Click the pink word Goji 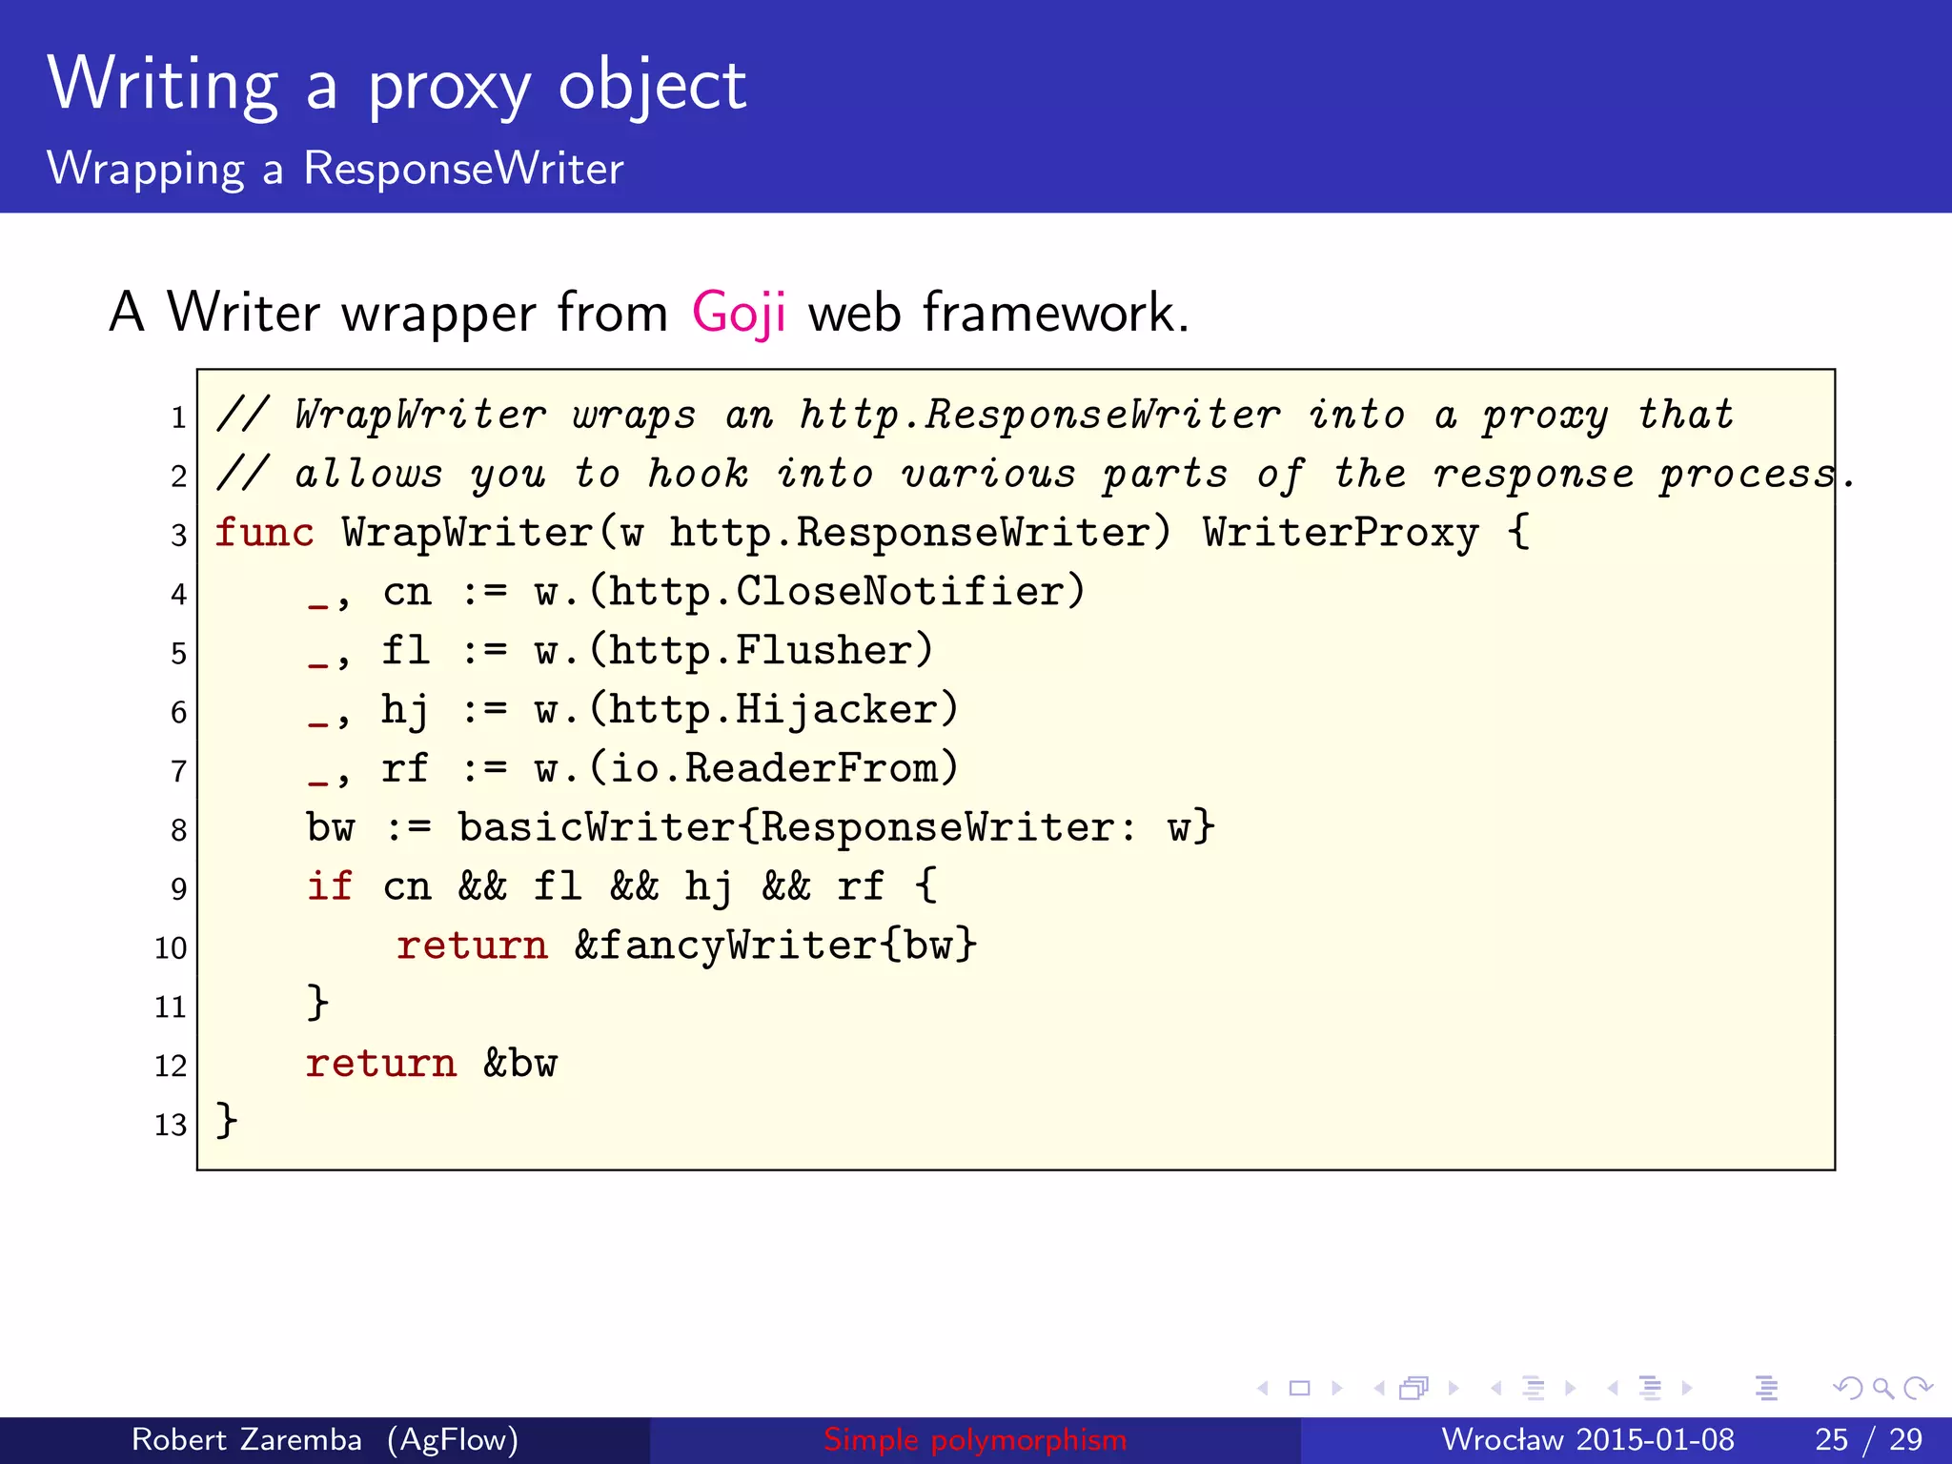[x=739, y=313]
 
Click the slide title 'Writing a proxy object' [x=396, y=86]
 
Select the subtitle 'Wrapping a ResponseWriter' [x=335, y=169]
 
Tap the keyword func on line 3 [x=264, y=532]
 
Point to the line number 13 [x=171, y=1125]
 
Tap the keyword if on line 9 [x=330, y=886]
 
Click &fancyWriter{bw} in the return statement [x=776, y=945]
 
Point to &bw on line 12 [x=520, y=1064]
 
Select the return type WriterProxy [x=1340, y=532]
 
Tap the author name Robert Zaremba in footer [x=247, y=1439]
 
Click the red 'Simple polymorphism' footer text [x=975, y=1439]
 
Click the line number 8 [x=178, y=830]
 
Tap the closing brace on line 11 [x=318, y=1003]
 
